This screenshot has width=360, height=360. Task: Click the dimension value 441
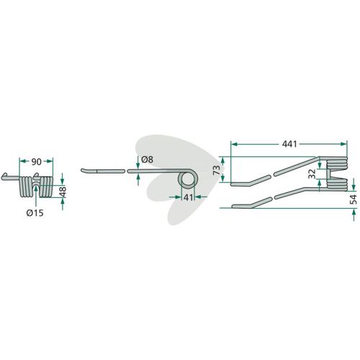(289, 144)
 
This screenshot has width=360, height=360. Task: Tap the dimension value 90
(36, 162)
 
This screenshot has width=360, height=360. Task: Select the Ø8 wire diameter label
(147, 160)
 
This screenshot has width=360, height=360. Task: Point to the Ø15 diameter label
(35, 213)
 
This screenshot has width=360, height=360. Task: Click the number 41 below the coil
(188, 197)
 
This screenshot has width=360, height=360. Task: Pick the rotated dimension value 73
(217, 170)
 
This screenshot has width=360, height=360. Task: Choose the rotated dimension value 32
(312, 174)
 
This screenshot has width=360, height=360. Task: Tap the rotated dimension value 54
(354, 199)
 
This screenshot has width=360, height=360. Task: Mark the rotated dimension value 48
(63, 192)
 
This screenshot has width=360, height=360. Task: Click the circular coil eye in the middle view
(187, 180)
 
